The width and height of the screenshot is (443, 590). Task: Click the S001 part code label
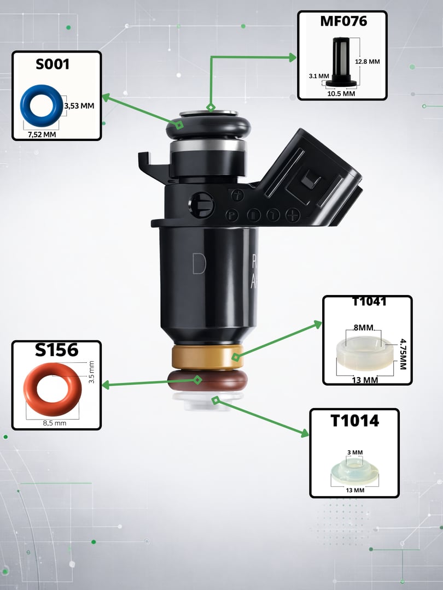click(53, 64)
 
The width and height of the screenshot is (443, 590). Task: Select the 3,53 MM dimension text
click(79, 106)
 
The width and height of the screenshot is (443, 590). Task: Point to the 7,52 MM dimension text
click(42, 134)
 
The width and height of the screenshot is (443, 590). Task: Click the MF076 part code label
click(343, 21)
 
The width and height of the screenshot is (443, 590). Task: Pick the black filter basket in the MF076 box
click(341, 62)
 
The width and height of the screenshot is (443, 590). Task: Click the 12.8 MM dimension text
click(368, 62)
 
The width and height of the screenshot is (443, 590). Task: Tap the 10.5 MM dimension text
click(341, 94)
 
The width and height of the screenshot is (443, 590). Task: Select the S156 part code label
click(56, 350)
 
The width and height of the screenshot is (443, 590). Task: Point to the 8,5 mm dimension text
click(54, 423)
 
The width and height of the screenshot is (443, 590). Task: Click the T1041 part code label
click(369, 302)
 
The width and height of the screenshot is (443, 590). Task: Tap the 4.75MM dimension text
click(403, 355)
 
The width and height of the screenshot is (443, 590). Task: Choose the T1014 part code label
click(354, 421)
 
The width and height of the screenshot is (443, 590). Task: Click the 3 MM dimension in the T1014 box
click(355, 452)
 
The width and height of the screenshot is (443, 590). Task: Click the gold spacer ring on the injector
click(208, 357)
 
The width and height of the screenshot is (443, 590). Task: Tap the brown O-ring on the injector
click(208, 380)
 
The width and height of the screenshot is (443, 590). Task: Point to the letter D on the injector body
click(199, 263)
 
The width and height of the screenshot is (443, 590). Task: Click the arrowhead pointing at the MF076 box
click(293, 57)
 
